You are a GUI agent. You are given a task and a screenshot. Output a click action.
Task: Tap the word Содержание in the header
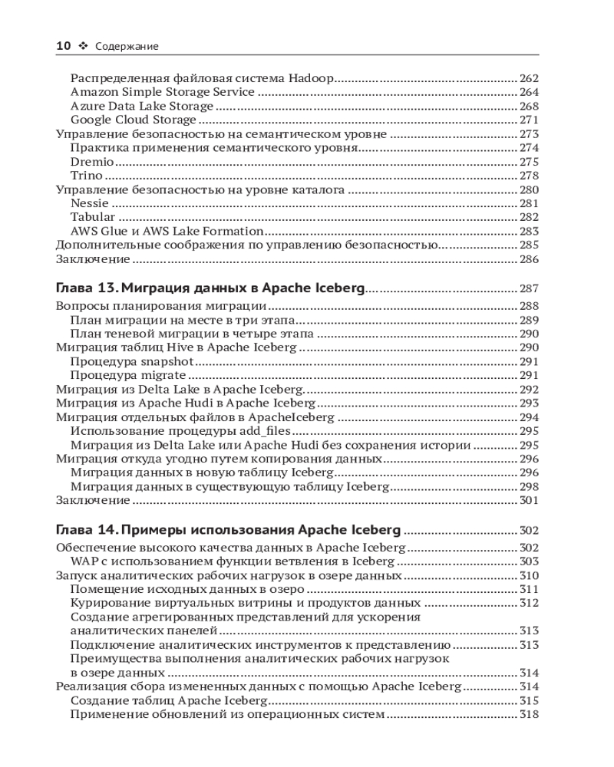tap(127, 47)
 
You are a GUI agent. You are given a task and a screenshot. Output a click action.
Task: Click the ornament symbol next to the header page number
tap(83, 46)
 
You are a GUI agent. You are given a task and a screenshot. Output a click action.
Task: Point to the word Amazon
tap(93, 92)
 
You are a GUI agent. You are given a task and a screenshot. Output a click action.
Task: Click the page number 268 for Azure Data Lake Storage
tap(529, 107)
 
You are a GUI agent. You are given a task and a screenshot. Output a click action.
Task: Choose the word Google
tap(91, 120)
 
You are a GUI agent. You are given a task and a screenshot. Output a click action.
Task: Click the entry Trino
tap(86, 176)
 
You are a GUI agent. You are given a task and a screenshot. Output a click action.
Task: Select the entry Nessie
tap(90, 204)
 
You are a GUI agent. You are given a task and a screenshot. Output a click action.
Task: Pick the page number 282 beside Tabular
tap(529, 218)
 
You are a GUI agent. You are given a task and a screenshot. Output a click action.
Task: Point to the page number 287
tap(529, 290)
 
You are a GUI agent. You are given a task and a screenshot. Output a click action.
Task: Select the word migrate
tap(163, 376)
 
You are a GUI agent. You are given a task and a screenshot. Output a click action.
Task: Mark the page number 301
tap(529, 501)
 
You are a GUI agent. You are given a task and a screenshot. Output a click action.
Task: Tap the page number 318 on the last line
tap(529, 715)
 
